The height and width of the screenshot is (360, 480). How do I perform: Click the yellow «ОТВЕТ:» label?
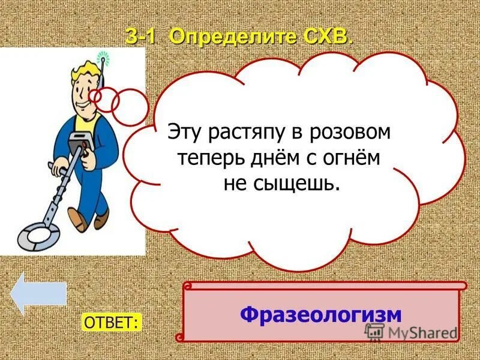coord(112,322)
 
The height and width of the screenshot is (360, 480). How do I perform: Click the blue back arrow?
coord(38,293)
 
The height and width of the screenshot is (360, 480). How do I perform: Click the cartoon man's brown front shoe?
coord(78,218)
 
